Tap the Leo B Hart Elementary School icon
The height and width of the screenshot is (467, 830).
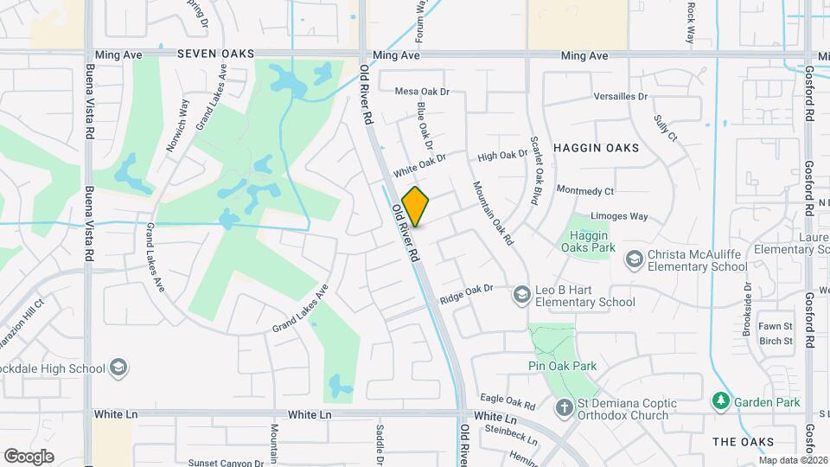(521, 296)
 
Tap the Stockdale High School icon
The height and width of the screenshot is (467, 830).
(118, 368)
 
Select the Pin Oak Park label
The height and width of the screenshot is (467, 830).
(562, 366)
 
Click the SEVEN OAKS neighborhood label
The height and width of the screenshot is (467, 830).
(215, 54)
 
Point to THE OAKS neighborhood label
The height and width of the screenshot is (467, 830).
(743, 442)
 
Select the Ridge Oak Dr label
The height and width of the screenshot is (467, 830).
(466, 293)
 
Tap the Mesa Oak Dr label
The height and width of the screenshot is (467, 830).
(423, 91)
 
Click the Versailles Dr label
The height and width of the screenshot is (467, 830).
(620, 96)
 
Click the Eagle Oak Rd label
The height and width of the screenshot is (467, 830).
(508, 402)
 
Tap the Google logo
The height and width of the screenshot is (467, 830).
(29, 456)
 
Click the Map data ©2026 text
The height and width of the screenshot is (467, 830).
(792, 460)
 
